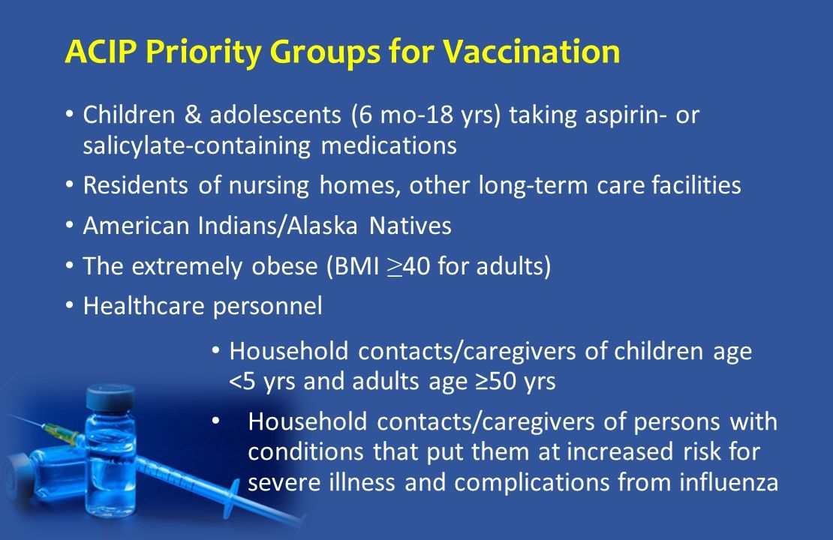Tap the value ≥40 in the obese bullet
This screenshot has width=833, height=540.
pyautogui.click(x=409, y=266)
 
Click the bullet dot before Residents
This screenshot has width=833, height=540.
pyautogui.click(x=69, y=184)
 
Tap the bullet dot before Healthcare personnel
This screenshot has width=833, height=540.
pyautogui.click(x=69, y=305)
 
